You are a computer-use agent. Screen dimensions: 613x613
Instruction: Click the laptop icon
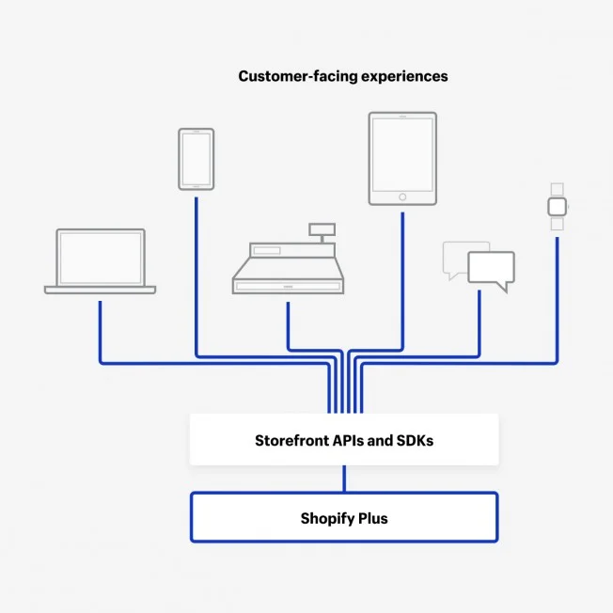click(100, 261)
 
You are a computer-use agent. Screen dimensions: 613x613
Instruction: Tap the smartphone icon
click(196, 159)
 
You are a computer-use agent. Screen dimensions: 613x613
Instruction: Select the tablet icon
click(402, 158)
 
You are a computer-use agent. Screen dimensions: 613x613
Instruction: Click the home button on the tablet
click(402, 197)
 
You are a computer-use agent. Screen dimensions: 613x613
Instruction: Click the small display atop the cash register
click(322, 229)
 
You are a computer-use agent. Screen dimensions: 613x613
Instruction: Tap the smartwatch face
click(558, 207)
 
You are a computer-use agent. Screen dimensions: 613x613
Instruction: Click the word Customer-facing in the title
click(298, 76)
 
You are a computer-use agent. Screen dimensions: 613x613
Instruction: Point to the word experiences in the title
click(404, 77)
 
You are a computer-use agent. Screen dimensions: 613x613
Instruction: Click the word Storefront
click(291, 441)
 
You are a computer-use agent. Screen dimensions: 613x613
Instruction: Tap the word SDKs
click(415, 441)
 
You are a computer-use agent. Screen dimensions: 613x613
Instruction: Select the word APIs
click(348, 441)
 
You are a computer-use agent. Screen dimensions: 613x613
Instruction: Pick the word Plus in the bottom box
click(373, 518)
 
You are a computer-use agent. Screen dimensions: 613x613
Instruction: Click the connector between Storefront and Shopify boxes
click(344, 479)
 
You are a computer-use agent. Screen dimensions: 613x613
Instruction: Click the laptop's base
click(100, 290)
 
